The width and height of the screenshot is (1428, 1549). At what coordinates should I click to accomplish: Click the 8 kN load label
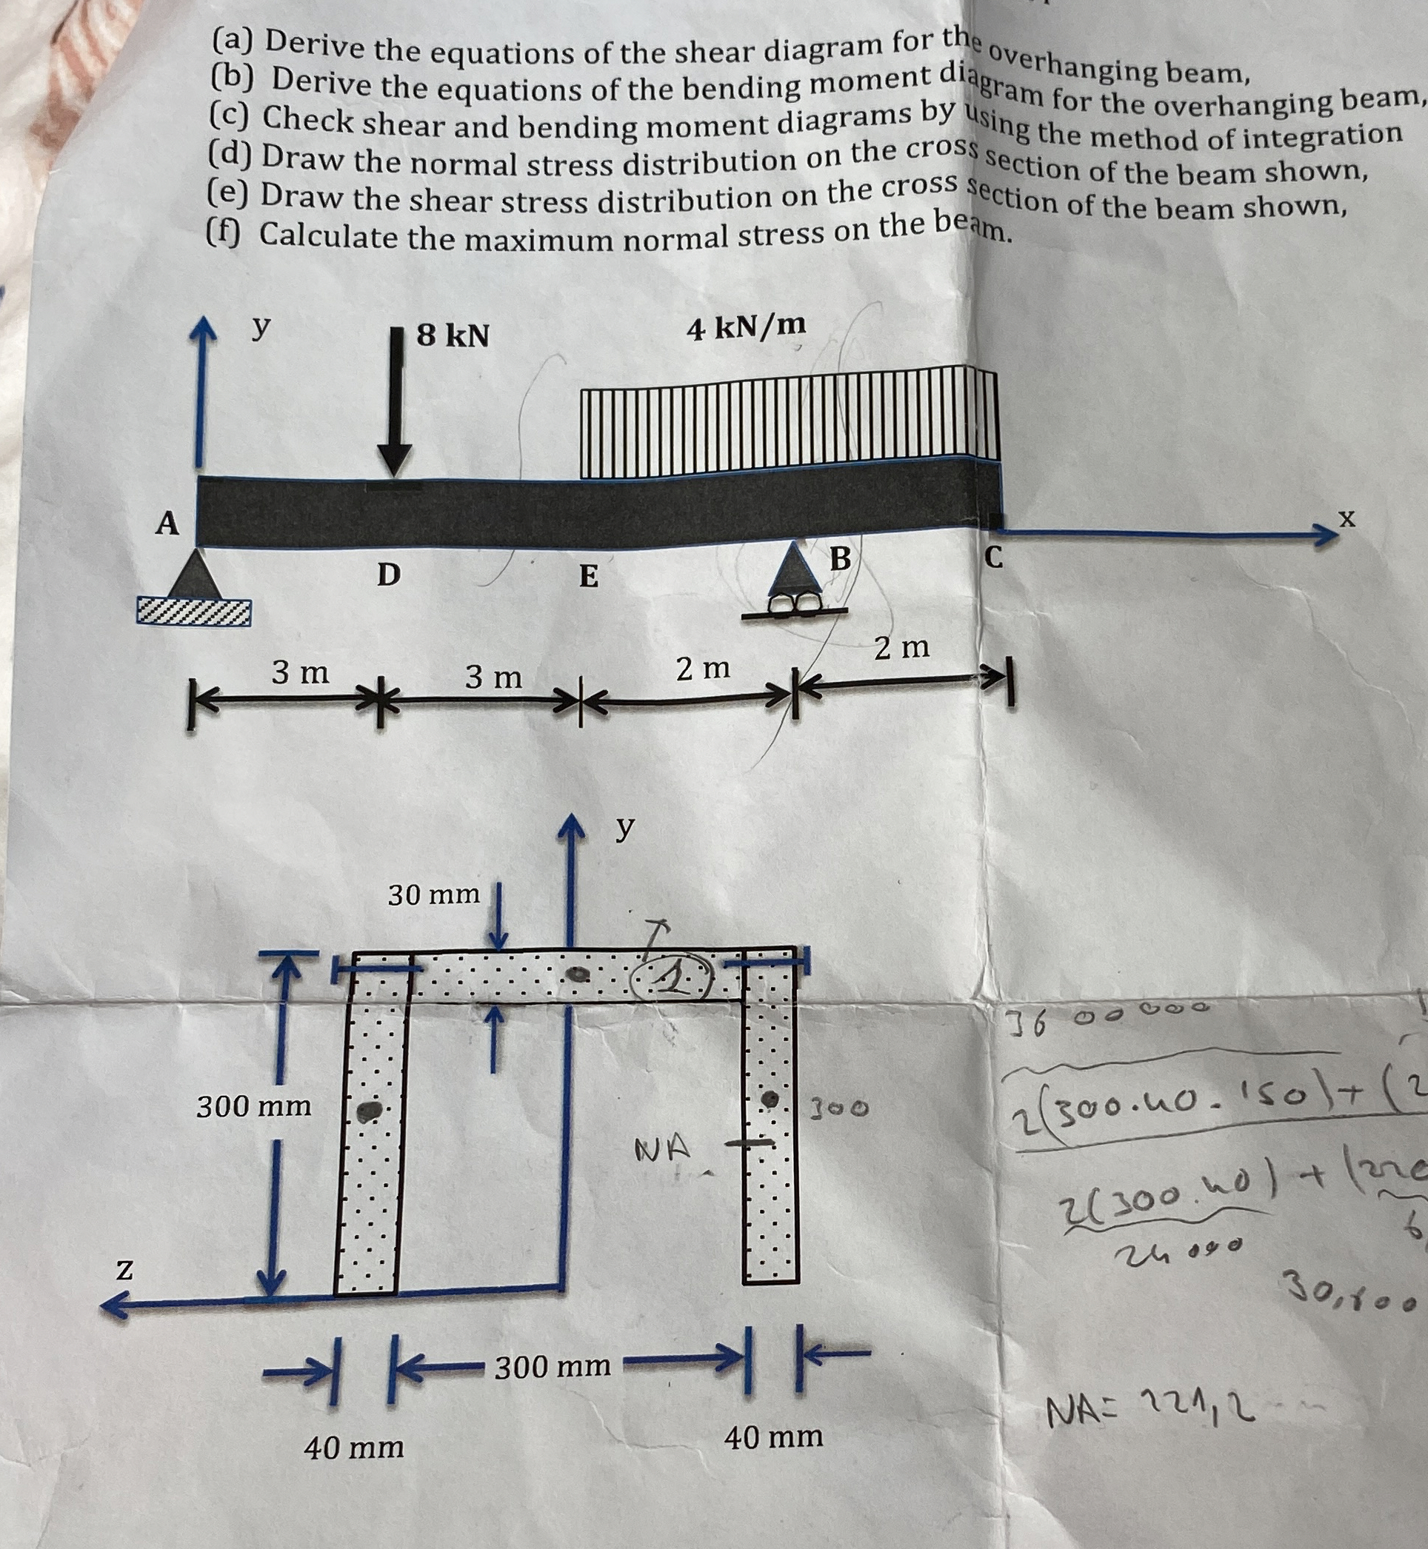tap(453, 335)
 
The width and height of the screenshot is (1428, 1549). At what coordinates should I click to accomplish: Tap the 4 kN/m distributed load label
tap(746, 328)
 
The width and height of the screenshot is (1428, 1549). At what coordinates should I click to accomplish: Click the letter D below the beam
tap(389, 575)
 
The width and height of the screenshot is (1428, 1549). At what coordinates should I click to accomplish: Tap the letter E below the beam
tap(589, 576)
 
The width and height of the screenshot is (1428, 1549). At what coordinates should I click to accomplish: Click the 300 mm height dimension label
tap(253, 1106)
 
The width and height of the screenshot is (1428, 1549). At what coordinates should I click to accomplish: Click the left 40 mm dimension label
tap(354, 1447)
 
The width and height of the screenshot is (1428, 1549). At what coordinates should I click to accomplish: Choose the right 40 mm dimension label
tap(773, 1437)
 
